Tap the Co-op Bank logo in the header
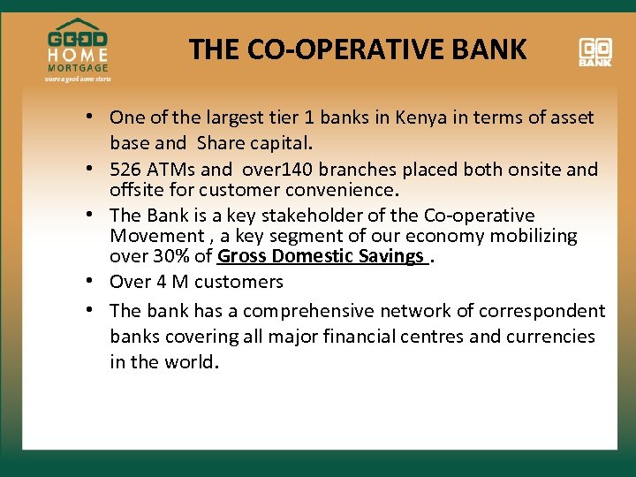point(595,51)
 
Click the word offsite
point(135,190)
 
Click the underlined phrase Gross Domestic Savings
point(321,257)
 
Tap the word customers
point(238,283)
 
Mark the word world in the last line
point(189,363)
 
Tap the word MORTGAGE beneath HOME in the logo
point(78,68)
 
